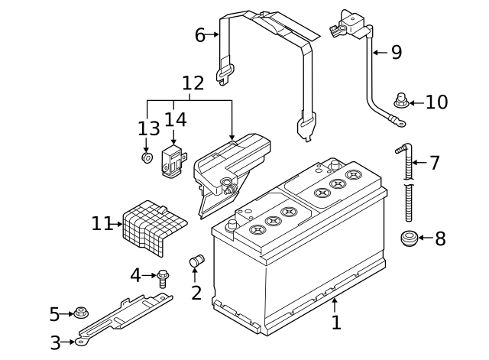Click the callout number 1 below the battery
click(x=336, y=323)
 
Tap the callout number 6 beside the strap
click(x=200, y=35)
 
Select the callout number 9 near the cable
click(x=396, y=52)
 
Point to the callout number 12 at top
click(x=193, y=82)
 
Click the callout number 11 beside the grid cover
click(x=101, y=224)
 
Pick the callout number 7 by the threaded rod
click(x=434, y=163)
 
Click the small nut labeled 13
click(x=146, y=157)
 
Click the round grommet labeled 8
click(x=410, y=238)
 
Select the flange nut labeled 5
click(x=80, y=313)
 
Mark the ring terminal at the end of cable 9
click(x=397, y=119)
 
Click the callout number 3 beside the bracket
click(x=55, y=343)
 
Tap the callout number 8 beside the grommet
click(x=440, y=239)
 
